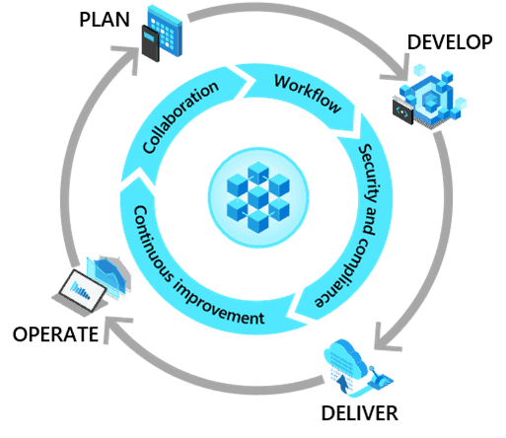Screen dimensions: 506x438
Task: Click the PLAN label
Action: (x=105, y=20)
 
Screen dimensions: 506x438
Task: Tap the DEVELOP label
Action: (x=450, y=42)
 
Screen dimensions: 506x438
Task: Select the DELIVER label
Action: (x=359, y=413)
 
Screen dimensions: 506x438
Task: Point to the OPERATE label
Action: (x=55, y=334)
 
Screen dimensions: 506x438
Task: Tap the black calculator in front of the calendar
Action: (x=151, y=43)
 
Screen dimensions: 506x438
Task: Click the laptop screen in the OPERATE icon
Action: (x=83, y=290)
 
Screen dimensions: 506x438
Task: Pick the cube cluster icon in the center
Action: (x=258, y=197)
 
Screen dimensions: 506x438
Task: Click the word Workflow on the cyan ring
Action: (x=308, y=94)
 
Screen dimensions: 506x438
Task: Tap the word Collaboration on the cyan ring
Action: (x=181, y=117)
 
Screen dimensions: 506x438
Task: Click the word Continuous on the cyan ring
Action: (x=150, y=244)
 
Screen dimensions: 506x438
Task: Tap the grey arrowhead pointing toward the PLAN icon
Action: (x=129, y=58)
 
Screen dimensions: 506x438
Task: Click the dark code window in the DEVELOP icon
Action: (x=402, y=111)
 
